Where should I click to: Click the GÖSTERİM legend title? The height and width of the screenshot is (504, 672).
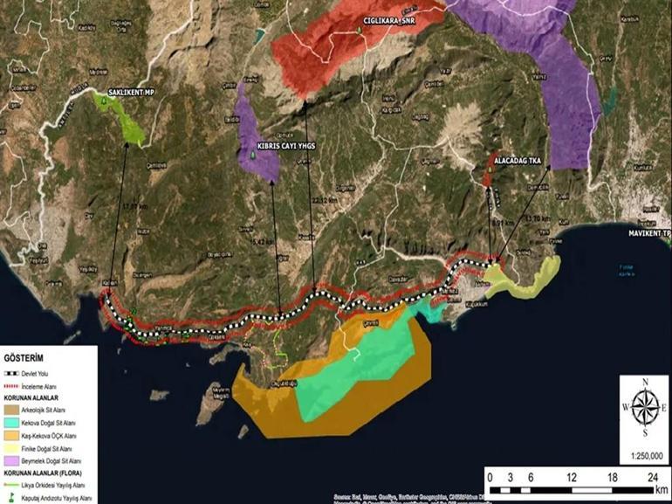24,358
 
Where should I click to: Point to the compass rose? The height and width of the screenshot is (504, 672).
644,407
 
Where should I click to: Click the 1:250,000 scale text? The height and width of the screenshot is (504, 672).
644,455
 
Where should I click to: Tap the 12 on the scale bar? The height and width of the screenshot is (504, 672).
571,478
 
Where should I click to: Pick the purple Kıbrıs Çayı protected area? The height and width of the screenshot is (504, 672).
256,144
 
